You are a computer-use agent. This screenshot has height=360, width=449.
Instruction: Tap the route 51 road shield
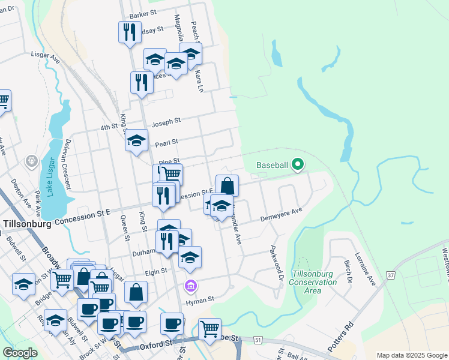point(259,340)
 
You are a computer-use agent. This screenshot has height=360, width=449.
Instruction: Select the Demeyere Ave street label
point(281,217)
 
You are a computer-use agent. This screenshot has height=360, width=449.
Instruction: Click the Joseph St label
point(166,122)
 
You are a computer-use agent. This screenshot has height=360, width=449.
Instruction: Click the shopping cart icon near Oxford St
point(209,328)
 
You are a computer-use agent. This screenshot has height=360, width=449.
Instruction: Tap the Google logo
point(20,353)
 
